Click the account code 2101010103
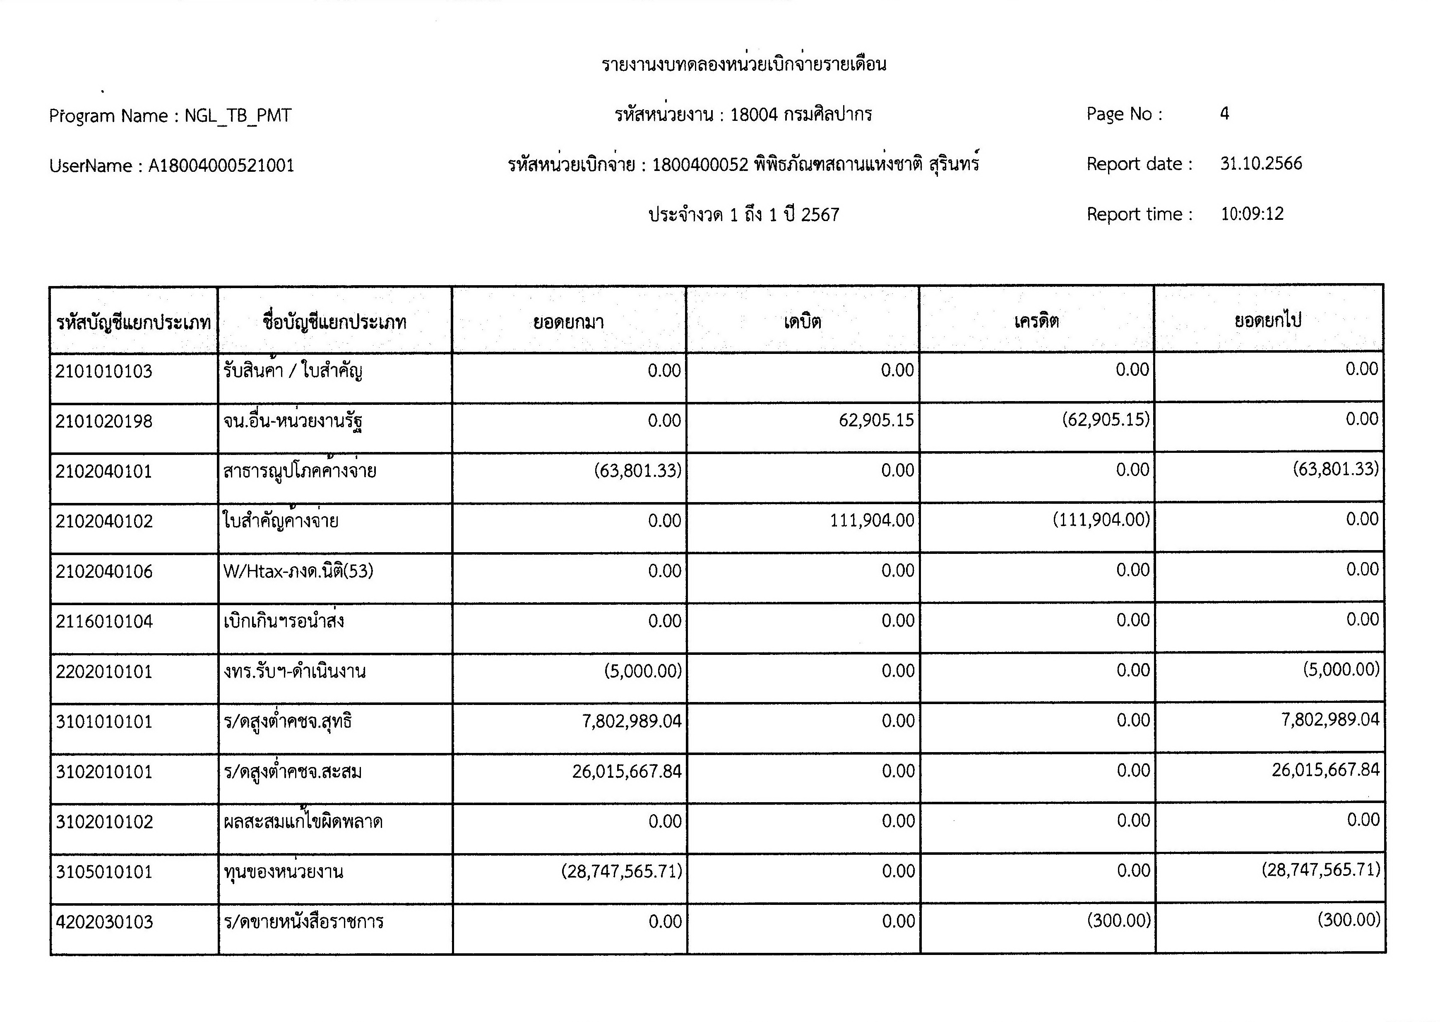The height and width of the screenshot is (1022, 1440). point(104,371)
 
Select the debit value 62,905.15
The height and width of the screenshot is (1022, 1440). point(876,421)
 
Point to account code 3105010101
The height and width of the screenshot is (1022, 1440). point(104,872)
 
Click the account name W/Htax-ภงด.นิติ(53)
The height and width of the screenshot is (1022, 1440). point(298,571)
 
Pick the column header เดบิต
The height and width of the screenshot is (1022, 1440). point(802,322)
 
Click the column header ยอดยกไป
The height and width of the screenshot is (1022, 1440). point(1268,321)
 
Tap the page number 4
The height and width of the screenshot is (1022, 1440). point(1224,114)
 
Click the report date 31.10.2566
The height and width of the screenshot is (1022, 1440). point(1261,164)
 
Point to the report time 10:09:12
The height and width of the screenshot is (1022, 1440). point(1252,214)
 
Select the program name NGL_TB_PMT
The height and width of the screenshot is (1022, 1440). point(238,116)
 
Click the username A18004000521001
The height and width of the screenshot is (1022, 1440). point(221,166)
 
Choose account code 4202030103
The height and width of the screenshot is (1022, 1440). point(104,923)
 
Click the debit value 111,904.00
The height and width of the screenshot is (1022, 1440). point(872,520)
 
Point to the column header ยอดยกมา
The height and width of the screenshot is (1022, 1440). point(568,322)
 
